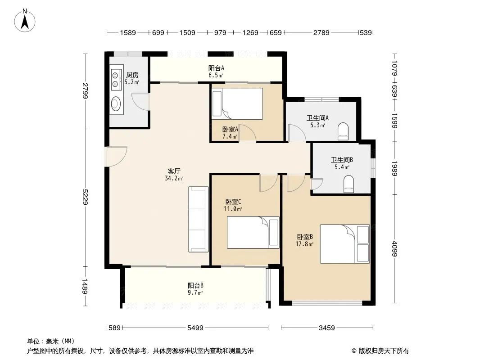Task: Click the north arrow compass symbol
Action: coord(25,21)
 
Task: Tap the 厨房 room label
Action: coord(132,75)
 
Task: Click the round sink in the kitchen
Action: coord(116,103)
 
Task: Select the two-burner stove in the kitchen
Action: coord(115,80)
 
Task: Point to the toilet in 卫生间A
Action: coord(343,131)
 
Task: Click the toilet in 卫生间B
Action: coord(349,184)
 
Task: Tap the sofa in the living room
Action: coord(199,219)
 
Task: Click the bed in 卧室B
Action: coord(345,244)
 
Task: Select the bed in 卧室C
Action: coord(253,233)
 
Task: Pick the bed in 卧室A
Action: coord(237,103)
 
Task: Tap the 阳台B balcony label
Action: coord(195,285)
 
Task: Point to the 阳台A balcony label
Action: coord(216,68)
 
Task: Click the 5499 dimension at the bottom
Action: coord(195,328)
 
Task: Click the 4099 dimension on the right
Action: coord(394,249)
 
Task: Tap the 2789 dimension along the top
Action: coord(322,32)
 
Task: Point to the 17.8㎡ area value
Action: coord(304,244)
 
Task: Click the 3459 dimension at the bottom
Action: coord(327,328)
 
